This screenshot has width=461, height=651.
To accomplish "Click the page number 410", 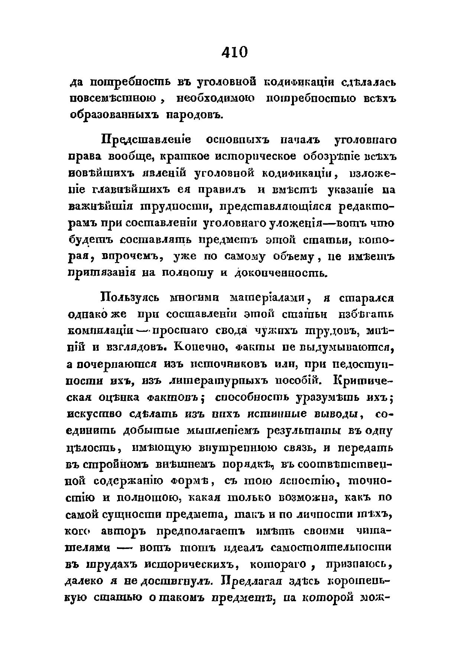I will (x=234, y=52).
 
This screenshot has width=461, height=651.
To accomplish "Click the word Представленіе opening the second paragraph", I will (x=146, y=141).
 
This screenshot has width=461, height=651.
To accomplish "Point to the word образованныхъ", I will (x=111, y=115).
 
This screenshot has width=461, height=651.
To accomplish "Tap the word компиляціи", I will (x=101, y=330).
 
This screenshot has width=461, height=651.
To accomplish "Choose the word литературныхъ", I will (x=217, y=380).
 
